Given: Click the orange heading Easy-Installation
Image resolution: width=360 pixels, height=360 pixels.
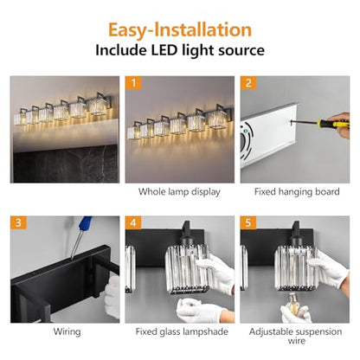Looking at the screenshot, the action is click(x=180, y=29).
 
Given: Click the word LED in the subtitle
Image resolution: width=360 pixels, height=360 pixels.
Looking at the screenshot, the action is click(x=164, y=50).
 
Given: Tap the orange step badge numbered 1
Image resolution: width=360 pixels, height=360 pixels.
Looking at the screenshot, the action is click(x=133, y=83).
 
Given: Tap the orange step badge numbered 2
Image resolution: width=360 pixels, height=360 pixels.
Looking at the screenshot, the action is click(x=248, y=83).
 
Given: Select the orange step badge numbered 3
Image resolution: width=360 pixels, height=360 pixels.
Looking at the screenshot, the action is click(x=18, y=222).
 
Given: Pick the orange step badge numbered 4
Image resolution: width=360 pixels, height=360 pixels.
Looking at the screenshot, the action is click(x=133, y=222).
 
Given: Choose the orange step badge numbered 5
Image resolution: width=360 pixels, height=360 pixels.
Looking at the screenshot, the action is click(x=248, y=222).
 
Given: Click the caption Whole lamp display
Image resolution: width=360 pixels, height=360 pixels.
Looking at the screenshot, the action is click(x=179, y=192).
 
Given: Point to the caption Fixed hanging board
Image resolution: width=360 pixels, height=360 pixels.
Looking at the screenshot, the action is click(x=297, y=192).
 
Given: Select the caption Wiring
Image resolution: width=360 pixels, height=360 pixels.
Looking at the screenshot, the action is click(x=67, y=331).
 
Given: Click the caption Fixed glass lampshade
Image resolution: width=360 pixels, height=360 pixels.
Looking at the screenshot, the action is click(x=182, y=331).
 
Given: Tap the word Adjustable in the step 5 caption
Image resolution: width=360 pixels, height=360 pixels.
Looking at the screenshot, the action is click(x=270, y=331).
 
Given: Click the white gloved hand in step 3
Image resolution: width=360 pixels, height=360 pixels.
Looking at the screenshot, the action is click(x=112, y=297).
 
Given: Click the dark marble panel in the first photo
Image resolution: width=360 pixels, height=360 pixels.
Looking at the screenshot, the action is click(x=65, y=164).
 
